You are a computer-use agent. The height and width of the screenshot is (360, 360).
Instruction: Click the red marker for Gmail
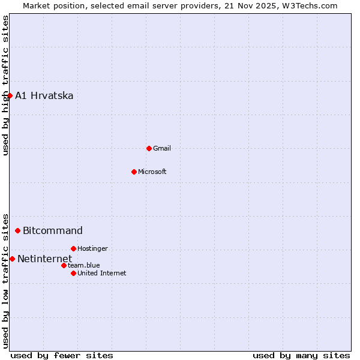coord(149,148)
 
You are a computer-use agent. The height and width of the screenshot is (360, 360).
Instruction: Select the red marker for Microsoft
coord(134,172)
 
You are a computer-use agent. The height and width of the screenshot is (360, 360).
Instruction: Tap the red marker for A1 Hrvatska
coord(10,95)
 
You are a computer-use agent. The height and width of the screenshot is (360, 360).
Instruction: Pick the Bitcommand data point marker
coord(17,230)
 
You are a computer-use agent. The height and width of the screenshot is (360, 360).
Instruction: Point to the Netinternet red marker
coord(12,259)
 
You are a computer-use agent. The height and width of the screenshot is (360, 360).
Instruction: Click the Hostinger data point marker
coord(73,248)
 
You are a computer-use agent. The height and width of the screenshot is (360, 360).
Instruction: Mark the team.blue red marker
coord(64,265)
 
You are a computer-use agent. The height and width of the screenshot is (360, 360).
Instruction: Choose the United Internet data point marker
coord(73,273)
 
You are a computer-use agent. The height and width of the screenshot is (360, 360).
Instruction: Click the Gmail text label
coord(162,148)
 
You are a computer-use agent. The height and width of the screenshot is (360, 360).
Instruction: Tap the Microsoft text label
coord(152,172)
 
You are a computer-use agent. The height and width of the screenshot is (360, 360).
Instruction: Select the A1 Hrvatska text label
coord(44,96)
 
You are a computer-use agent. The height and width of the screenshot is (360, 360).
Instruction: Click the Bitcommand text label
coord(53,231)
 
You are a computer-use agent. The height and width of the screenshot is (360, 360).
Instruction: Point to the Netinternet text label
coord(44,259)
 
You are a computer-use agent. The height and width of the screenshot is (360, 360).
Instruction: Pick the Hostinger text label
coord(92,248)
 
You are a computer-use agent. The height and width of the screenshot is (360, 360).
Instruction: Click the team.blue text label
coord(84,265)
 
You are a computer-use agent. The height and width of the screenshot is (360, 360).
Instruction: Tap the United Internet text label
coord(102,273)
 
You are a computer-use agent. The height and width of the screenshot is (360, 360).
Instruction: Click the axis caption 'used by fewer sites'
coord(62,356)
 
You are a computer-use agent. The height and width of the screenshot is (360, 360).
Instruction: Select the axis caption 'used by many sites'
coord(301,356)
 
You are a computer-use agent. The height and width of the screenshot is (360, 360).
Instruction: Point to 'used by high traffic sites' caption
coord(5,85)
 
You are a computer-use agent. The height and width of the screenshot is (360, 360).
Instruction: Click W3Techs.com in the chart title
coord(309,5)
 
